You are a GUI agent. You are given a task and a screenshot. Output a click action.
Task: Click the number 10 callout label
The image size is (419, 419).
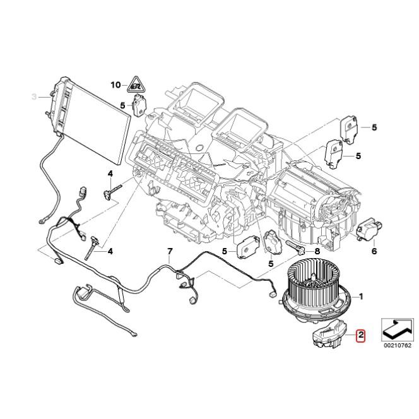115,85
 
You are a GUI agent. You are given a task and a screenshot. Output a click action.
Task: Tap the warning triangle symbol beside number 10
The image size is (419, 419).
134,83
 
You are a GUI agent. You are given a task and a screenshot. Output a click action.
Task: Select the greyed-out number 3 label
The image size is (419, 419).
35,96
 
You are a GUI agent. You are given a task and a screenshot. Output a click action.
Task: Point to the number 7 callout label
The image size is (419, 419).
169,252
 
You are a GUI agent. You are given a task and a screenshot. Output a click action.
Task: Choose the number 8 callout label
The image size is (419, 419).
317,251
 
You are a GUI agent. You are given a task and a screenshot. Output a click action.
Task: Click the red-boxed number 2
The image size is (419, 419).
360,336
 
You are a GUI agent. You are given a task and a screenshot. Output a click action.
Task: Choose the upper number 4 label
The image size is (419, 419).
109,174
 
